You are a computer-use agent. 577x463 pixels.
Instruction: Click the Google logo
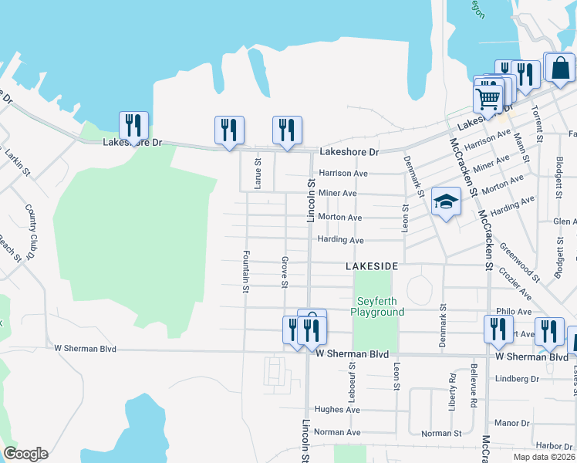click(x=25, y=454)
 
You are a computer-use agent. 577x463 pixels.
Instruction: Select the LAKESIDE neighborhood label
click(x=371, y=265)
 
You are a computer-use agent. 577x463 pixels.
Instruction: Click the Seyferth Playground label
click(x=377, y=307)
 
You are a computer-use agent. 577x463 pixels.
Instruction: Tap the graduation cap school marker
click(x=446, y=202)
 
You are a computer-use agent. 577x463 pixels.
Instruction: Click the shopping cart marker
click(x=488, y=98)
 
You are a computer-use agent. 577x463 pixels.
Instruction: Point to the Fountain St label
click(x=246, y=271)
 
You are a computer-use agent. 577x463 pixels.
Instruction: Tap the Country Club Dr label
click(x=32, y=231)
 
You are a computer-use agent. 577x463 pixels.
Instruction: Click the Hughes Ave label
click(x=337, y=410)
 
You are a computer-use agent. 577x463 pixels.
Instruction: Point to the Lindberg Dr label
click(x=517, y=379)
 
